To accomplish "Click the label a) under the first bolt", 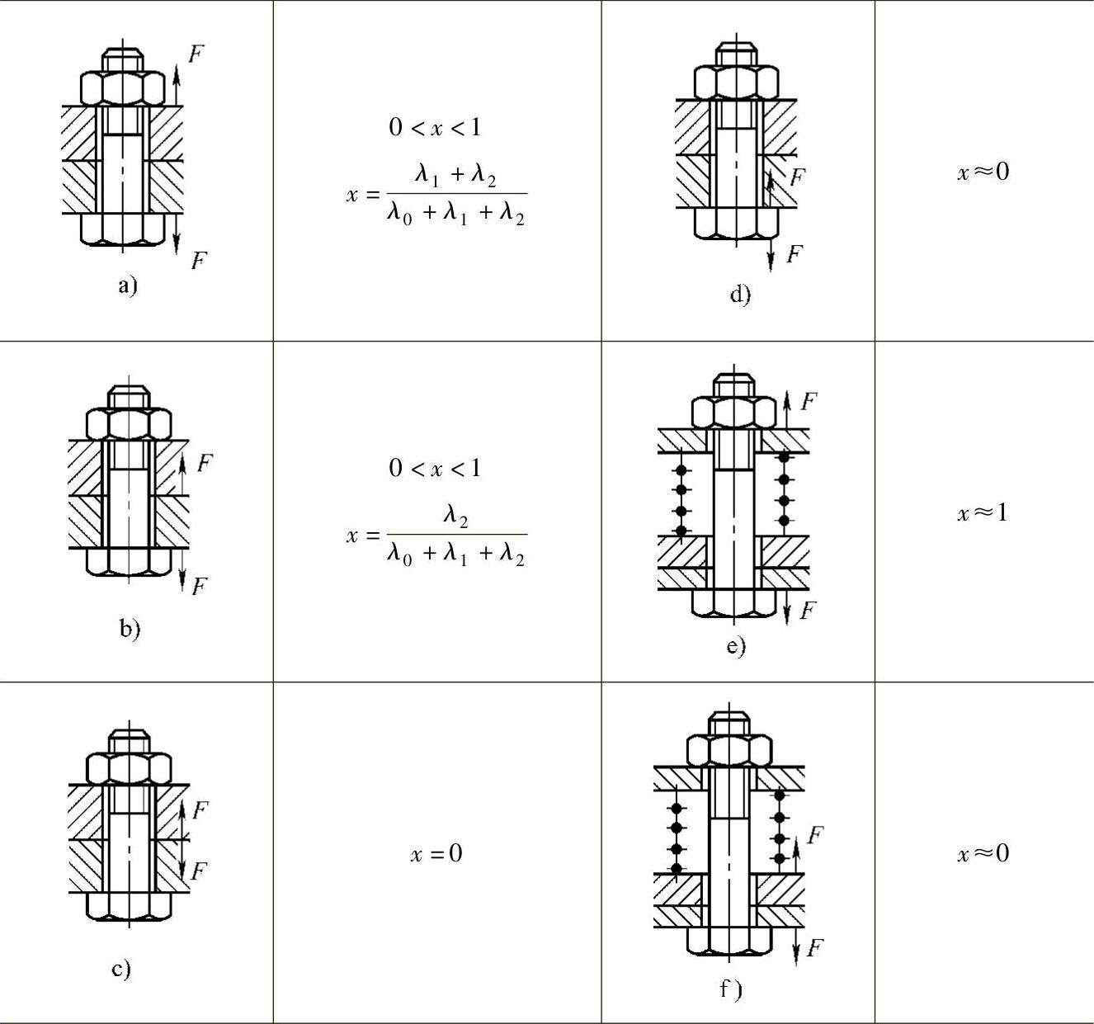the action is [x=127, y=285].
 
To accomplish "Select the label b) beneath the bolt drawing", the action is [x=130, y=628].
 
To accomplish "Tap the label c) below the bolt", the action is [x=121, y=968].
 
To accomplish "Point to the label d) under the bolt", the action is [x=740, y=294].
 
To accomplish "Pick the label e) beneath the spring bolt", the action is [x=736, y=645].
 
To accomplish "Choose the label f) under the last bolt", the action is [x=730, y=989].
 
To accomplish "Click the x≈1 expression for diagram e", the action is [x=983, y=512].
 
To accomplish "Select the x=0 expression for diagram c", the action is [x=436, y=853].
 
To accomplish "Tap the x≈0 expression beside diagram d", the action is [x=983, y=172].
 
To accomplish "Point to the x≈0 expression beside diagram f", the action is [x=983, y=853].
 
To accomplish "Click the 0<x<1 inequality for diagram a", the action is [x=435, y=127].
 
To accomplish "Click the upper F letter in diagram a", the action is [x=196, y=54].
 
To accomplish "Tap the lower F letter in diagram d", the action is [x=794, y=253].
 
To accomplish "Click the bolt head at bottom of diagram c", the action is [x=129, y=905].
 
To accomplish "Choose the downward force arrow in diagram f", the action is [x=796, y=945].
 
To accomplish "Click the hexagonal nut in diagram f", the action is [x=729, y=749].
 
